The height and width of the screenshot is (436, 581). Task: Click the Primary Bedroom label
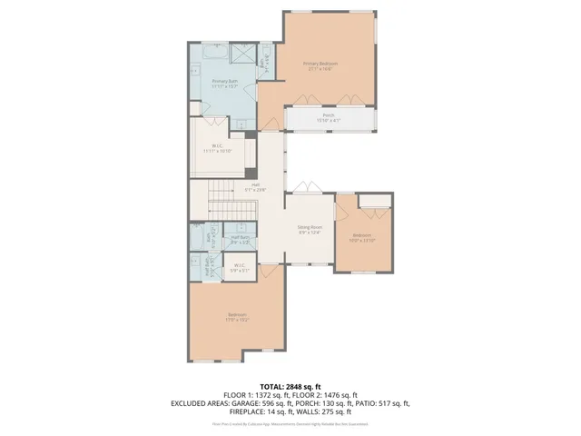click(321, 66)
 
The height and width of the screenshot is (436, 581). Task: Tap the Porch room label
click(329, 119)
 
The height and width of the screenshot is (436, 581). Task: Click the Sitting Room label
click(310, 229)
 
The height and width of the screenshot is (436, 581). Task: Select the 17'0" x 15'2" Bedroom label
click(238, 318)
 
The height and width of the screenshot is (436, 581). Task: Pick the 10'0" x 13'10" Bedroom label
click(363, 238)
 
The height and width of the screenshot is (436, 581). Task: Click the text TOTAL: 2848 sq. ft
click(290, 387)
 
